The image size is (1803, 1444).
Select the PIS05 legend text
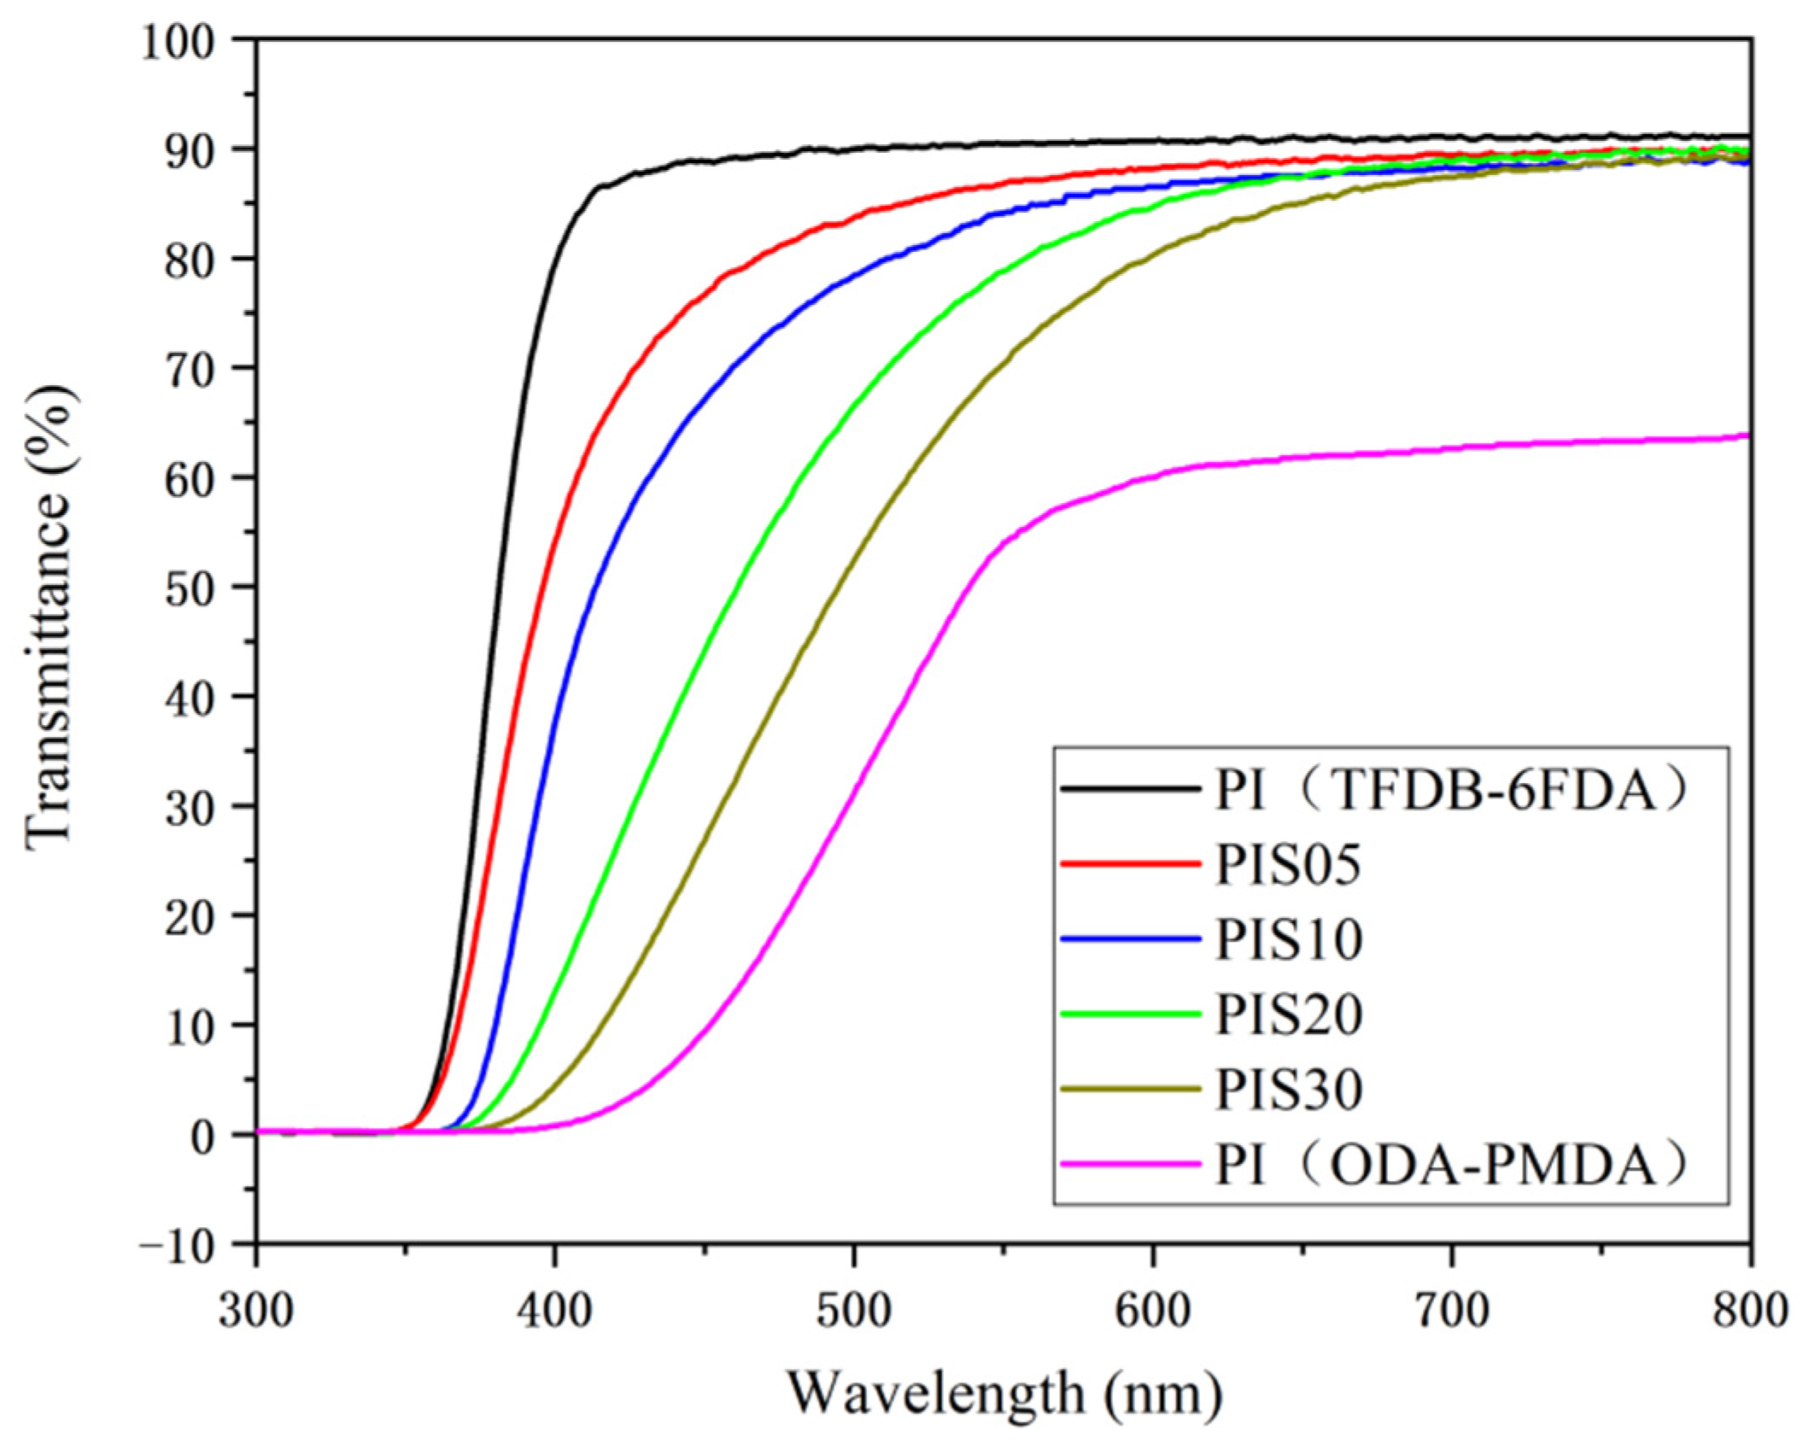(x=1287, y=865)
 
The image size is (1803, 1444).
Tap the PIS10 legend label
(x=1287, y=939)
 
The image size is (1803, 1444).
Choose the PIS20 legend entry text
(x=1287, y=1014)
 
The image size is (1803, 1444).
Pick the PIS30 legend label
(x=1287, y=1089)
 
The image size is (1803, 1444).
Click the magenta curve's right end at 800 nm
(x=1747, y=436)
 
